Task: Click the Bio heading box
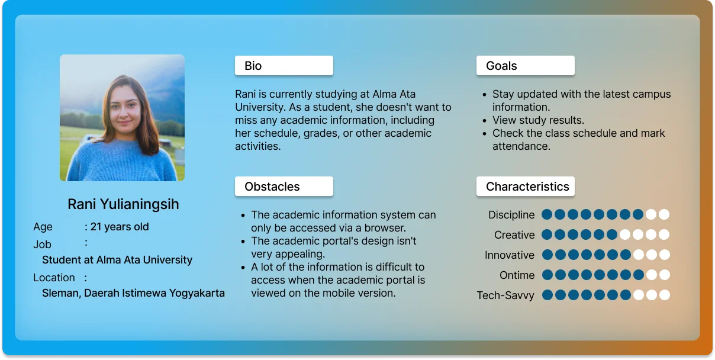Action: [x=284, y=66]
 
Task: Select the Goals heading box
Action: [x=526, y=66]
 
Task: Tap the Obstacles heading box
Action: [x=284, y=187]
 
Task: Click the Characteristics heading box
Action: [x=526, y=187]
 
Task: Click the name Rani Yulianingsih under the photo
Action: [x=123, y=204]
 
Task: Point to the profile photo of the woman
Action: [x=123, y=118]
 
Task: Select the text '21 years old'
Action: [x=120, y=227]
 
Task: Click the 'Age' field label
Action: [x=43, y=227]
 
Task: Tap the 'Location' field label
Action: [x=54, y=278]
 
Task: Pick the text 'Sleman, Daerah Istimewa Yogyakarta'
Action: [x=133, y=293]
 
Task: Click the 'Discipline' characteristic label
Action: [x=511, y=215]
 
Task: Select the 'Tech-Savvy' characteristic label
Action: [x=505, y=295]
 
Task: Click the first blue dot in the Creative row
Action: [x=547, y=234]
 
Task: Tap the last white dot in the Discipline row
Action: [x=664, y=214]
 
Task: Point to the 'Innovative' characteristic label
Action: [x=510, y=255]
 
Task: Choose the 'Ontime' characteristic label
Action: [x=517, y=275]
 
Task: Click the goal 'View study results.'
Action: [x=538, y=120]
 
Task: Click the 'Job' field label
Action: [x=42, y=245]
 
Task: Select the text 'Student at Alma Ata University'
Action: [x=117, y=260]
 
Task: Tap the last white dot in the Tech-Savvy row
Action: [x=665, y=295]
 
